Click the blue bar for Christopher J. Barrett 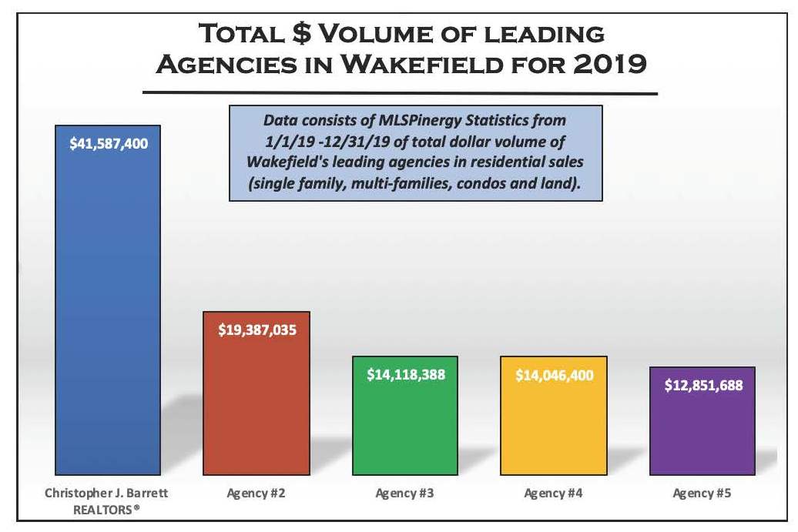point(108,308)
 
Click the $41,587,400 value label point(109,144)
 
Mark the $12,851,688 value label point(703,386)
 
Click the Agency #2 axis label point(256,494)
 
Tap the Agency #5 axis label point(703,494)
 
